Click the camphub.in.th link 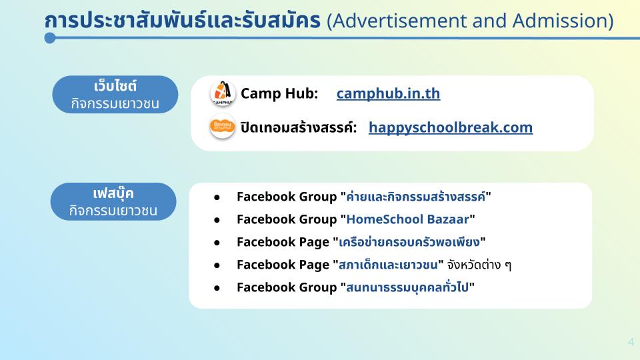[x=388, y=93]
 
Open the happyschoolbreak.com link [x=451, y=128]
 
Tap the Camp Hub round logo [x=223, y=93]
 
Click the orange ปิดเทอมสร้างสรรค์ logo [x=223, y=127]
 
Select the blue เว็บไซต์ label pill [x=115, y=94]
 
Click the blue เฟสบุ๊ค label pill [x=113, y=201]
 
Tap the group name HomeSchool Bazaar [x=408, y=219]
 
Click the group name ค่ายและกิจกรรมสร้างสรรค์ [x=415, y=197]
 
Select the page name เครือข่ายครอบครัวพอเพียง [x=409, y=242]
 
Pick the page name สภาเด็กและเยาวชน [x=388, y=265]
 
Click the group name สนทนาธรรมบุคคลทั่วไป [x=407, y=287]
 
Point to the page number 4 [x=631, y=342]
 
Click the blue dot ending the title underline [x=50, y=38]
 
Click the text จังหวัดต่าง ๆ [x=479, y=265]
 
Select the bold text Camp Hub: [x=279, y=93]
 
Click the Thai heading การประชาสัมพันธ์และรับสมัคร [x=183, y=21]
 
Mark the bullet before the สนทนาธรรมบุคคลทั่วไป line [x=217, y=288]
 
